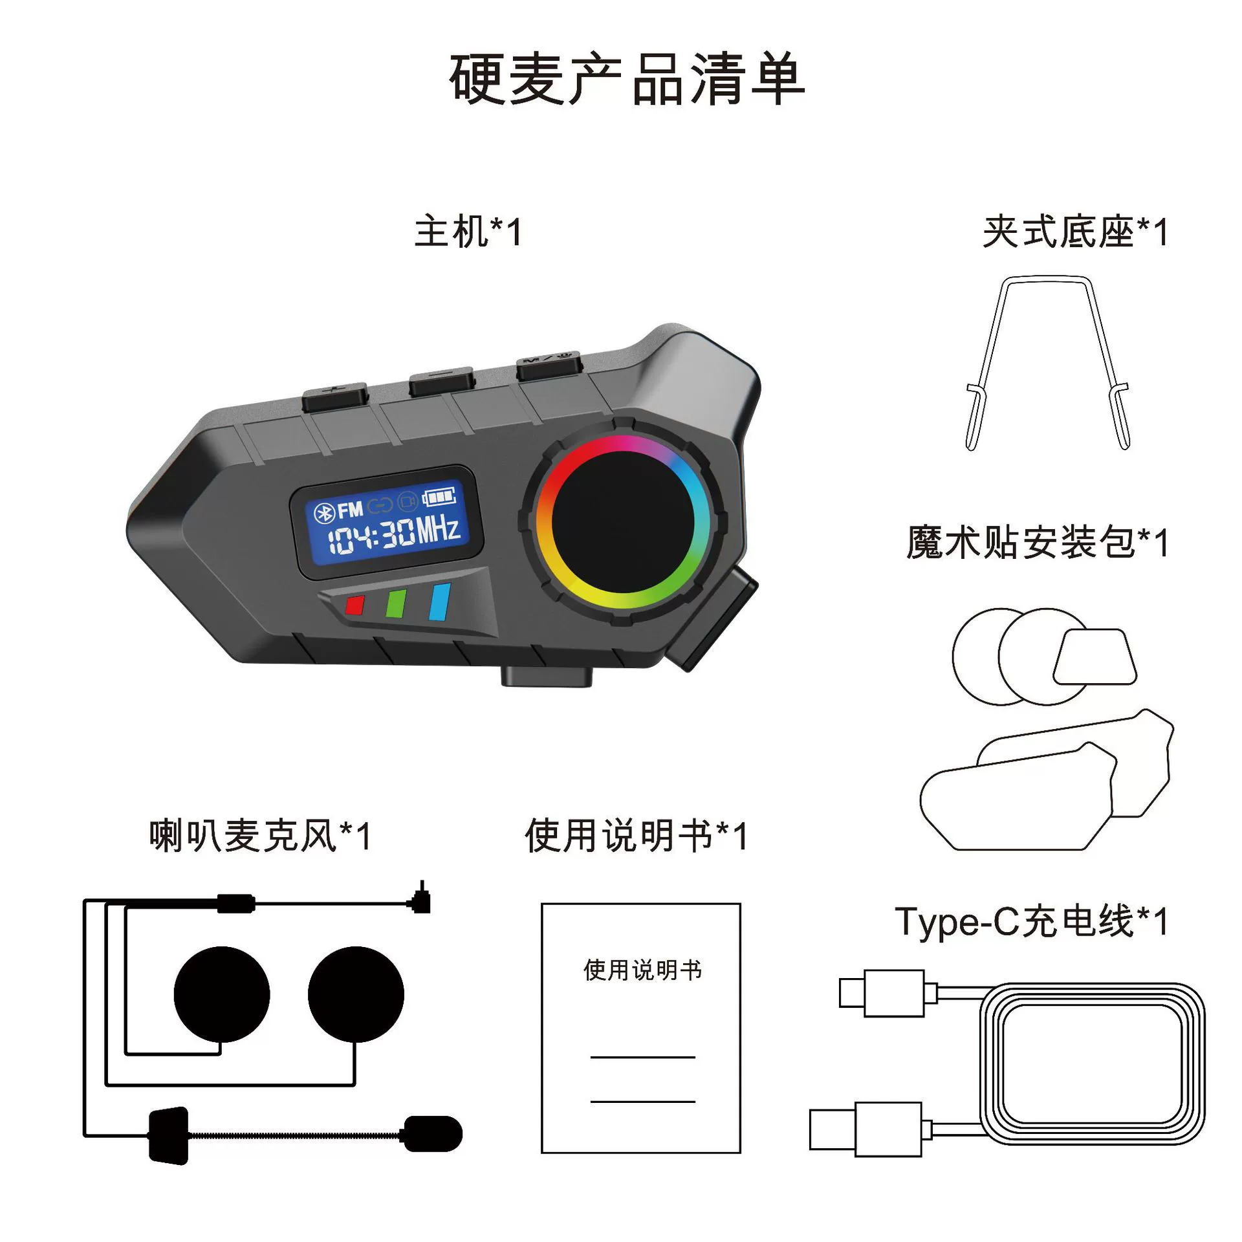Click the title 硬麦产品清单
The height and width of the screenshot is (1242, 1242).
[626, 80]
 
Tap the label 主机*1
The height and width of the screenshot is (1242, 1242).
[468, 232]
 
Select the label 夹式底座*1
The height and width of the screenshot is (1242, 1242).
[1075, 232]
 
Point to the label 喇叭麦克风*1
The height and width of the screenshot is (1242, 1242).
[260, 836]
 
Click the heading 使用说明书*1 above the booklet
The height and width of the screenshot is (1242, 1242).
[636, 836]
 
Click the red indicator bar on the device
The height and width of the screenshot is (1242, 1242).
[354, 605]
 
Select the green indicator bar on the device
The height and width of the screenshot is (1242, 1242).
[396, 603]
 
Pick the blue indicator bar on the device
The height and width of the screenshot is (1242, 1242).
[440, 602]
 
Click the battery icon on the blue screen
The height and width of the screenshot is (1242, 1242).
[440, 497]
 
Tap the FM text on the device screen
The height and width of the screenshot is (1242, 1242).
[350, 510]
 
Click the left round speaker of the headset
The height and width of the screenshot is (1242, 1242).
[222, 995]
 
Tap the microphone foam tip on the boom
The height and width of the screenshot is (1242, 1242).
[433, 1134]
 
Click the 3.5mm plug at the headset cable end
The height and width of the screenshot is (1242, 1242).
[422, 899]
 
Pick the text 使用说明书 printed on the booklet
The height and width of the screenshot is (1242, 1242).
[642, 970]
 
